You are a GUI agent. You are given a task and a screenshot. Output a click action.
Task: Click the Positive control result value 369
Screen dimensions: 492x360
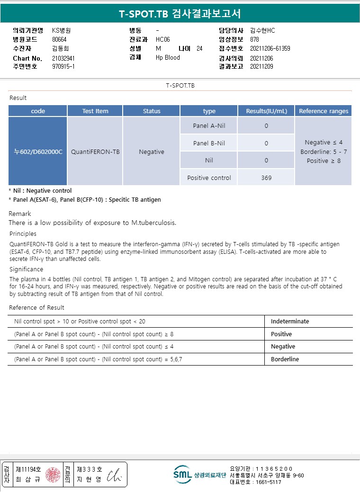point(266,178)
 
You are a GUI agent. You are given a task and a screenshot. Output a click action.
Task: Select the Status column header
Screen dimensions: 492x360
point(152,111)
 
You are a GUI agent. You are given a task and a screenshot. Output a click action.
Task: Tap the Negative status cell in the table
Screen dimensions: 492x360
point(152,152)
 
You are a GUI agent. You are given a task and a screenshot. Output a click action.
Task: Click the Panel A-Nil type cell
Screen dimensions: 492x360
point(209,126)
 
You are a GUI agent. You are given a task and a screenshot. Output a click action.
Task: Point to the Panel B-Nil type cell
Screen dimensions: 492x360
point(209,143)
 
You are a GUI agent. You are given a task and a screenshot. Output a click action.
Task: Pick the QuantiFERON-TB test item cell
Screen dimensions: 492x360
point(95,152)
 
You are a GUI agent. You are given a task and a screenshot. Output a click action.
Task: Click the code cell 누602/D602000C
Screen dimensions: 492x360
point(38,152)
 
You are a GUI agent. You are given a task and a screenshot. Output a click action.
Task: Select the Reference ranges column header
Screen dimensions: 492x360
point(324,111)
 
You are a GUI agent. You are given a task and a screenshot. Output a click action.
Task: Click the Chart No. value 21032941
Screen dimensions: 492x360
point(63,58)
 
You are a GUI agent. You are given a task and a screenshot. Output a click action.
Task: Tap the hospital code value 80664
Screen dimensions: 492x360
point(60,39)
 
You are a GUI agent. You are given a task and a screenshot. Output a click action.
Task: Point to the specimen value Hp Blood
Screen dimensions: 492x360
point(168,57)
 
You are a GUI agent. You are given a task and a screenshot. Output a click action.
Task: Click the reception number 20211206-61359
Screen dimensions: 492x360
point(270,48)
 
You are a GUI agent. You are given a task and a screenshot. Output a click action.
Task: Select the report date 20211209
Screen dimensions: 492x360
point(261,66)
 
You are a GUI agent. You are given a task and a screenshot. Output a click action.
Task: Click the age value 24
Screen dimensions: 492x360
point(199,48)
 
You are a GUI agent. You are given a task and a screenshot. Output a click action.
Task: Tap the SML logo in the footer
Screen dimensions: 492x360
point(182,474)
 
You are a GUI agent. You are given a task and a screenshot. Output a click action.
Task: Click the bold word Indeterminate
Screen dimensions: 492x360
point(290,322)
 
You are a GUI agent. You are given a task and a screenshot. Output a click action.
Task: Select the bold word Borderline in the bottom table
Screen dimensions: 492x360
point(285,359)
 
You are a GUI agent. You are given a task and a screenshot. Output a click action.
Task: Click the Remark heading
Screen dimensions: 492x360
point(20,214)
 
